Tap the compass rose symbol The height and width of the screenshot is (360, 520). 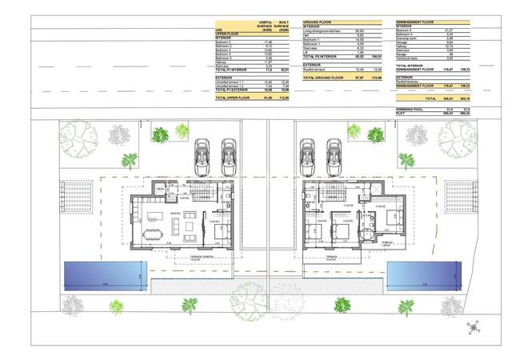coord(474,327)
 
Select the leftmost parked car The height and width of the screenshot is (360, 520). coord(204,157)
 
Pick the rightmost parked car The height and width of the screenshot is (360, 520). coord(336,157)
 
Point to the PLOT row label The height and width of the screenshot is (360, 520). coord(402,114)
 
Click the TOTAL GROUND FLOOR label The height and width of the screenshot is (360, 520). coord(323,78)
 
